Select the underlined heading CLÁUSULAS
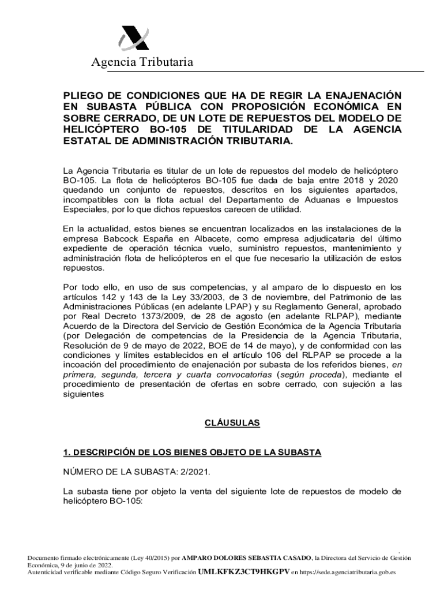(x=232, y=423)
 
